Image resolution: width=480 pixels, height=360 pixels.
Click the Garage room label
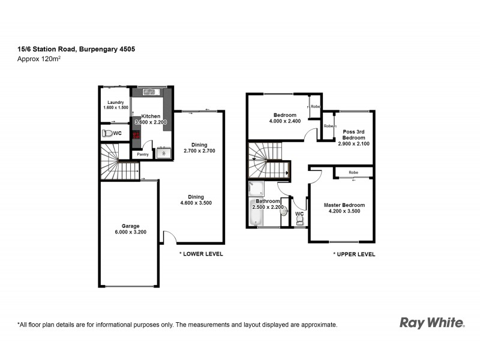(x=130, y=226)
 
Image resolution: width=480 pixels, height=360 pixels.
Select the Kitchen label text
(x=151, y=116)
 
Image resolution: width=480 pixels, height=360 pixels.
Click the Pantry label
(x=143, y=154)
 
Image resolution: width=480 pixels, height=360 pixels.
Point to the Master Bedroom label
(x=344, y=205)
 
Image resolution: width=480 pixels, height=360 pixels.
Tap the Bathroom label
(x=268, y=201)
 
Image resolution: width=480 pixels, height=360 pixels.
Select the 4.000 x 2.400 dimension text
(x=285, y=122)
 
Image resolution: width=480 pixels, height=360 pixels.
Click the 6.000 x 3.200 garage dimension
(x=130, y=232)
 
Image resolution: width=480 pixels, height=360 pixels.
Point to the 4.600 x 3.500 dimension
(x=196, y=203)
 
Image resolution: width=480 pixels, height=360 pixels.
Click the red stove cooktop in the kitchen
(x=136, y=135)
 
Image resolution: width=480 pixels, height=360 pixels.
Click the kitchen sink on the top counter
(x=150, y=92)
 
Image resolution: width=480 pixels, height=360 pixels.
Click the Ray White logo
(x=432, y=323)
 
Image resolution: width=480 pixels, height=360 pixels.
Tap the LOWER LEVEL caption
(x=201, y=254)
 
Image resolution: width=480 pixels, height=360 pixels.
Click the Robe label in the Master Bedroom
(x=353, y=172)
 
